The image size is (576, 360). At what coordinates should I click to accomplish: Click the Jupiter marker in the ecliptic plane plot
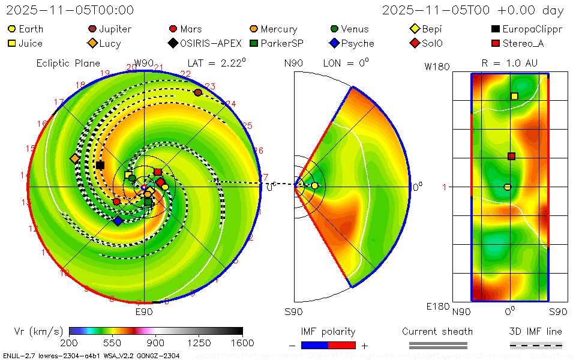[x=198, y=92]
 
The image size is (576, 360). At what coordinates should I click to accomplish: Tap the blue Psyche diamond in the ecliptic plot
[x=118, y=221]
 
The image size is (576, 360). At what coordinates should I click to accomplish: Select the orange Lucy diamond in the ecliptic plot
[x=74, y=158]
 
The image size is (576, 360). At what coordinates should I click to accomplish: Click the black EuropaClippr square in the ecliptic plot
[x=100, y=165]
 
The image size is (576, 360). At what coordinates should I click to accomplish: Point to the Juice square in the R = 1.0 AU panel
[x=514, y=96]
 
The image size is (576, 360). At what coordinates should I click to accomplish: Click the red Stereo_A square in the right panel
[x=511, y=157]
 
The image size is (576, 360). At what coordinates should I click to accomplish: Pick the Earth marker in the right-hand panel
[x=507, y=187]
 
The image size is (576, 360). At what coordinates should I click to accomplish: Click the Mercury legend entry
[x=273, y=29]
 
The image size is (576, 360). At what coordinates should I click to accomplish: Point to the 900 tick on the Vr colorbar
[x=156, y=343]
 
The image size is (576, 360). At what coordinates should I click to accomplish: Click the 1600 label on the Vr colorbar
[x=242, y=343]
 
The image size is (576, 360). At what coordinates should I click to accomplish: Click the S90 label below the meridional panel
[x=293, y=311]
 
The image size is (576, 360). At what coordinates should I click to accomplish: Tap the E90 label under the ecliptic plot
[x=144, y=311]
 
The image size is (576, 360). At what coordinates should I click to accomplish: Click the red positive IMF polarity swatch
[x=342, y=345]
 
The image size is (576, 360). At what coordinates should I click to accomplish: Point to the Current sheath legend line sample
[x=437, y=345]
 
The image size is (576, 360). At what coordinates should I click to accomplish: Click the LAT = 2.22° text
[x=216, y=62]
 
